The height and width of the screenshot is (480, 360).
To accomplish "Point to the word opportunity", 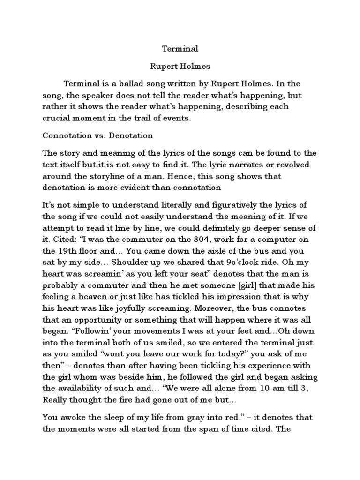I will (108, 319).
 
